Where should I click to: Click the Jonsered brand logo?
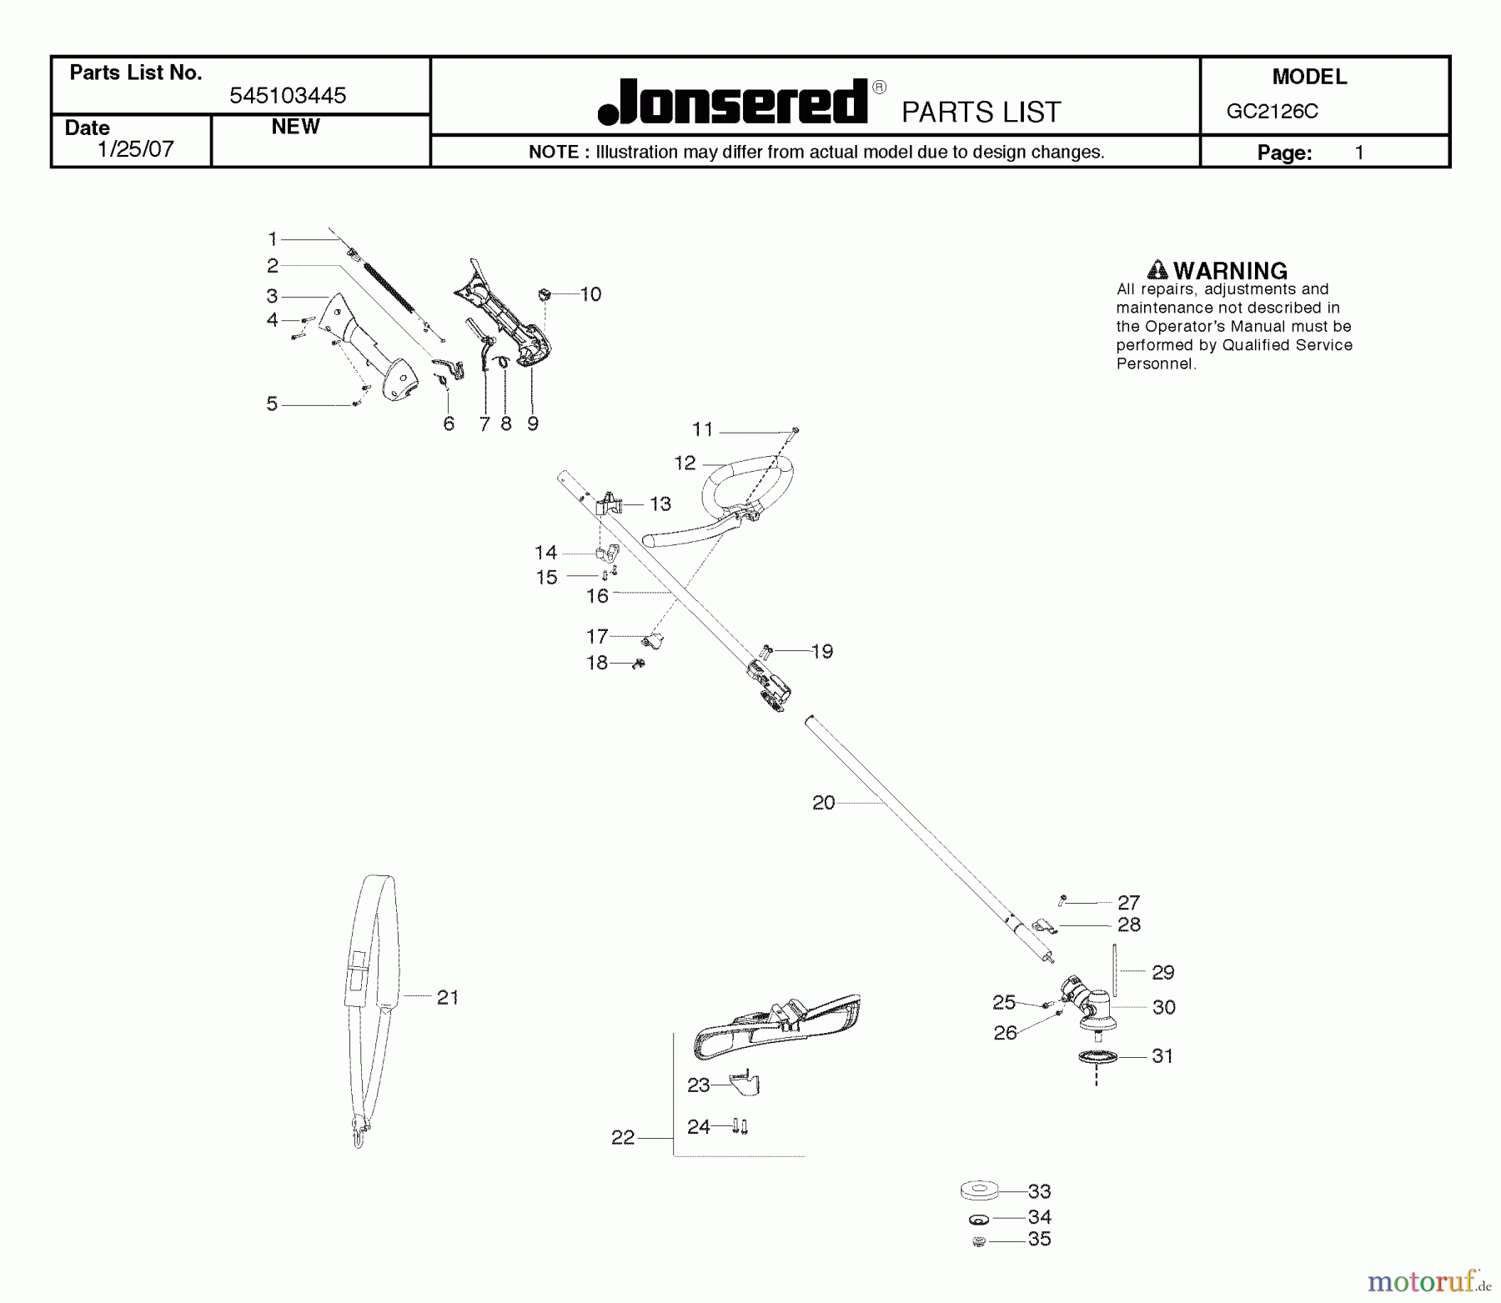733,103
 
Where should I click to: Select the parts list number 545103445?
288,96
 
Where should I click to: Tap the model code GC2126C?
1272,112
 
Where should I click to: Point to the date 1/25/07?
136,149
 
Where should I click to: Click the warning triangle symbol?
1157,270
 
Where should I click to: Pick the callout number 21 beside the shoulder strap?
448,997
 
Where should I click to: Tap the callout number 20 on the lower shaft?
823,803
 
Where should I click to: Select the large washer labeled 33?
980,1189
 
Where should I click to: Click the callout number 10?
590,294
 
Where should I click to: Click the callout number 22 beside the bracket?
623,1137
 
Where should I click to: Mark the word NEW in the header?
295,127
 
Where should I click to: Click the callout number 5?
272,404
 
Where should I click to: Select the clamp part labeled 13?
610,504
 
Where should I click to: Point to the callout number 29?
1162,972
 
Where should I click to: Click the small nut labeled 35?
980,1242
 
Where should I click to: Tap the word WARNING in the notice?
1230,271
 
